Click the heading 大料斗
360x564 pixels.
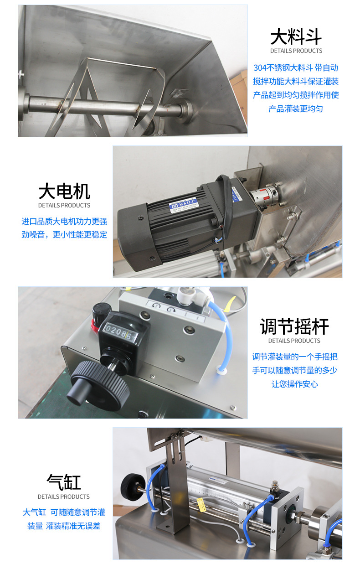tap(296, 36)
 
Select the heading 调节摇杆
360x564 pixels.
tap(294, 326)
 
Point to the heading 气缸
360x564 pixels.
tap(64, 482)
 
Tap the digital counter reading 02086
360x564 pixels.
tap(120, 331)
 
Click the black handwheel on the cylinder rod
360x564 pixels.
tap(132, 487)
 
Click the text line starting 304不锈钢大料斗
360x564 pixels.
tap(296, 68)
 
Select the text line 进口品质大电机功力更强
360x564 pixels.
tap(64, 221)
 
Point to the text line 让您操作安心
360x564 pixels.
tap(294, 384)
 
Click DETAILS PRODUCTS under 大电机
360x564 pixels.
tap(64, 206)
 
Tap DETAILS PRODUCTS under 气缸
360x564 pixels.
tap(64, 497)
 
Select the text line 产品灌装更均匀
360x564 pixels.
tap(296, 109)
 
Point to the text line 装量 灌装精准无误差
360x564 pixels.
tap(64, 526)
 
